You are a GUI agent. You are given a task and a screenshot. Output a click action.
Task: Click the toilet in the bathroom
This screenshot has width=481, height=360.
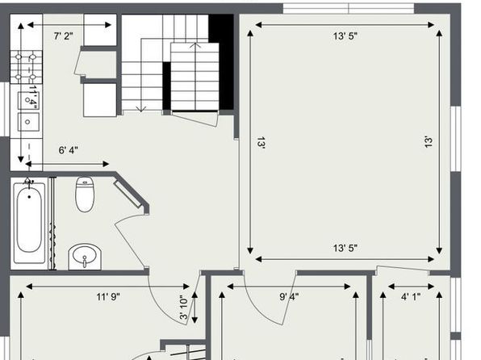tap(85, 194)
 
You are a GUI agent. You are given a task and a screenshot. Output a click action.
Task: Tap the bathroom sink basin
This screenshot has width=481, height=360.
tap(85, 257)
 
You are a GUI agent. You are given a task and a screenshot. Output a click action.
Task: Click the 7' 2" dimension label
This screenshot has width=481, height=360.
tap(64, 36)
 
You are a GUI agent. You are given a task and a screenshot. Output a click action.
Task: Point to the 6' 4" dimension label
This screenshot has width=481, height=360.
tap(68, 150)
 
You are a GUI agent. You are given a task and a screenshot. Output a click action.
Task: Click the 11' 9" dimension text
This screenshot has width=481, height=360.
tap(108, 297)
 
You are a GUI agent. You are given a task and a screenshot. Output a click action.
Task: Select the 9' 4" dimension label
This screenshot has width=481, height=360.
tap(289, 297)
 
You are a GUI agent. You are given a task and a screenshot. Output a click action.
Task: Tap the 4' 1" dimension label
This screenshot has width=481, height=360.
tap(411, 297)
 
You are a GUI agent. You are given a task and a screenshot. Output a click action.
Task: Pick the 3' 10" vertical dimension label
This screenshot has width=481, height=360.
tap(183, 308)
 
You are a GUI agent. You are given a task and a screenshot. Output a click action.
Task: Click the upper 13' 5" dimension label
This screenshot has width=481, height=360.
tap(345, 36)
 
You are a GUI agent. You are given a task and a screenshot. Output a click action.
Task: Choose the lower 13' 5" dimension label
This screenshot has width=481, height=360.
tap(345, 248)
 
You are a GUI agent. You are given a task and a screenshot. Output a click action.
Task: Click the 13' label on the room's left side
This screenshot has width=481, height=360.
tap(261, 143)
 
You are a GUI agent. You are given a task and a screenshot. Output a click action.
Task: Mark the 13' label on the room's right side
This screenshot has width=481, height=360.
tap(429, 142)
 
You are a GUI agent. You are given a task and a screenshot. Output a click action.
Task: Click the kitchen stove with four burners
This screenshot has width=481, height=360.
tap(26, 67)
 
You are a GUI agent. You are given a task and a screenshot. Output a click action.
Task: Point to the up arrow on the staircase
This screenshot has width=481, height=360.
tap(194, 46)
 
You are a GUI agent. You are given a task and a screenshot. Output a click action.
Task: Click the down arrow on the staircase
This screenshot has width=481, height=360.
tap(141, 108)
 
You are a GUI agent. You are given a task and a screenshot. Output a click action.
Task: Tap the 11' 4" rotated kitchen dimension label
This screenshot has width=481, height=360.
tap(32, 97)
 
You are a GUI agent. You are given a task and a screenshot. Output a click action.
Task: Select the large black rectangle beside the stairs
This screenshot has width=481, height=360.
tap(221, 62)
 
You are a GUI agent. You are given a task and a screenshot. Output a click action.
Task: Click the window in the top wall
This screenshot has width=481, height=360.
tap(349, 9)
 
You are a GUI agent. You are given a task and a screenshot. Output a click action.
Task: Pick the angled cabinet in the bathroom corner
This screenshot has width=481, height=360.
tap(128, 194)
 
